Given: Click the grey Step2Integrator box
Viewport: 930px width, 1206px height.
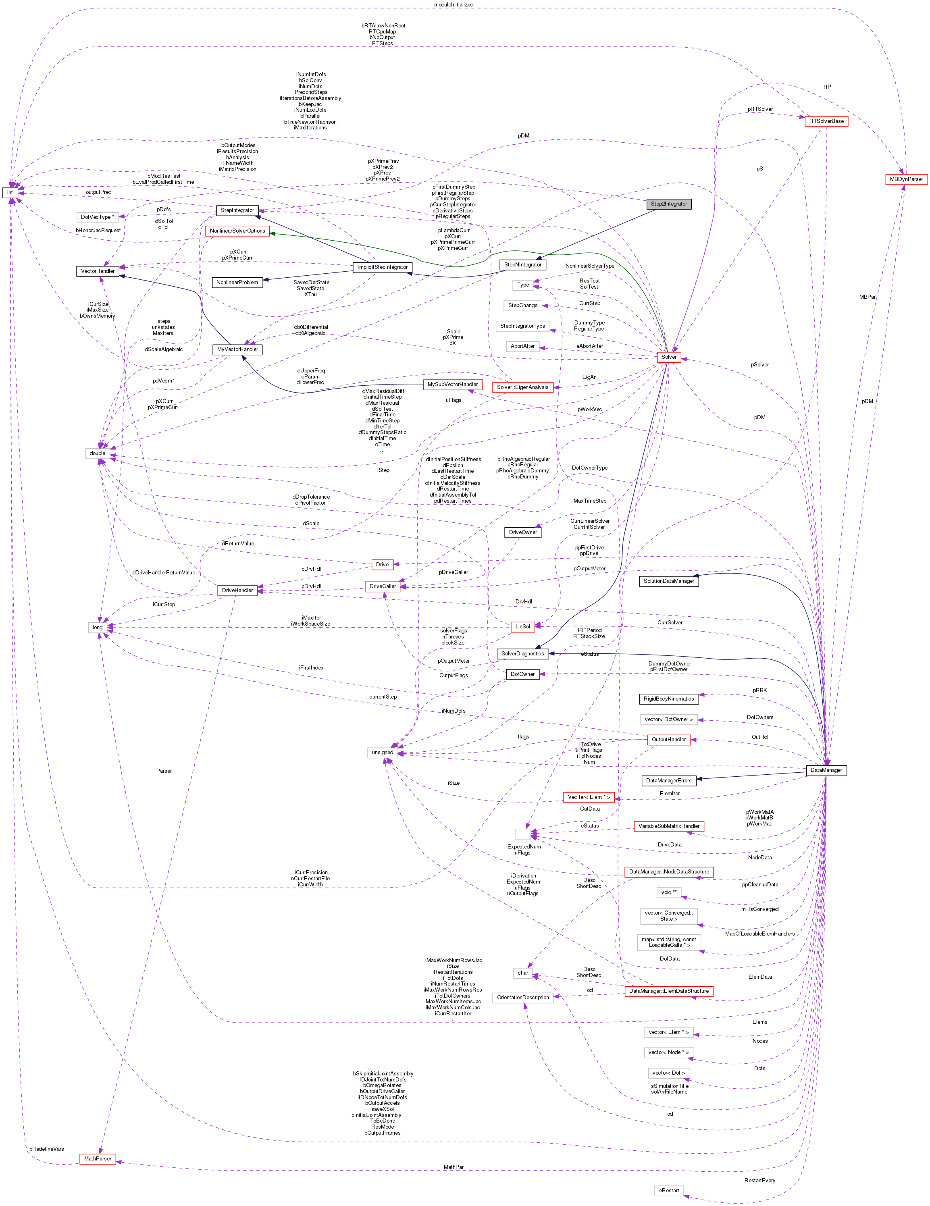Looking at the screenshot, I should click(669, 204).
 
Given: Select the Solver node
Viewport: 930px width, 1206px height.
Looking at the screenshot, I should click(669, 357).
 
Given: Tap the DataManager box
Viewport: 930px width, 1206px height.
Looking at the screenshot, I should click(826, 770).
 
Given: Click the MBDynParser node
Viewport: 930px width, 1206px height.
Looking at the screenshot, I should click(906, 179).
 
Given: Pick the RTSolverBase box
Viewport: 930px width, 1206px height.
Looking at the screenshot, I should click(826, 121).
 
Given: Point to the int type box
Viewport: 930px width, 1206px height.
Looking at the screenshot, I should click(10, 193).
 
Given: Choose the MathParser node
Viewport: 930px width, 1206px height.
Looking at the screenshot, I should click(98, 1158).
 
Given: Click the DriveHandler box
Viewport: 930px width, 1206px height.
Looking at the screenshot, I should click(237, 590).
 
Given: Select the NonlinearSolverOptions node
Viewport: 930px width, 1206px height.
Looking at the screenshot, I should click(237, 231).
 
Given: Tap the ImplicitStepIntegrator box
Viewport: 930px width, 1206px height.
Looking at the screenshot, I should click(382, 267).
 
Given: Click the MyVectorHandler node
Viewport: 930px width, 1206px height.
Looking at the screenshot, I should click(237, 349).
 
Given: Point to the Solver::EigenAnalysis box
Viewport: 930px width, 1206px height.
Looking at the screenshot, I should click(522, 387).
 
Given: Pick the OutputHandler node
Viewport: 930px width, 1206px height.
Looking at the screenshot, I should click(669, 739).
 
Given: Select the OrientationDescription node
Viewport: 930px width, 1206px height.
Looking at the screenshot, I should click(523, 997).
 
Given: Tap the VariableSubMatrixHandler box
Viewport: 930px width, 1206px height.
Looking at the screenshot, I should click(669, 826).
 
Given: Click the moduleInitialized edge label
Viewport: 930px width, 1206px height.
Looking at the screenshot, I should click(454, 4).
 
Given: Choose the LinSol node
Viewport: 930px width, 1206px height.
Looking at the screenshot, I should click(522, 627).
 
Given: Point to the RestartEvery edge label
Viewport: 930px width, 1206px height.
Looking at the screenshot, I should click(760, 1180).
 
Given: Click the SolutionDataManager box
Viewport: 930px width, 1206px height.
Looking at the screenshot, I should click(669, 581).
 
